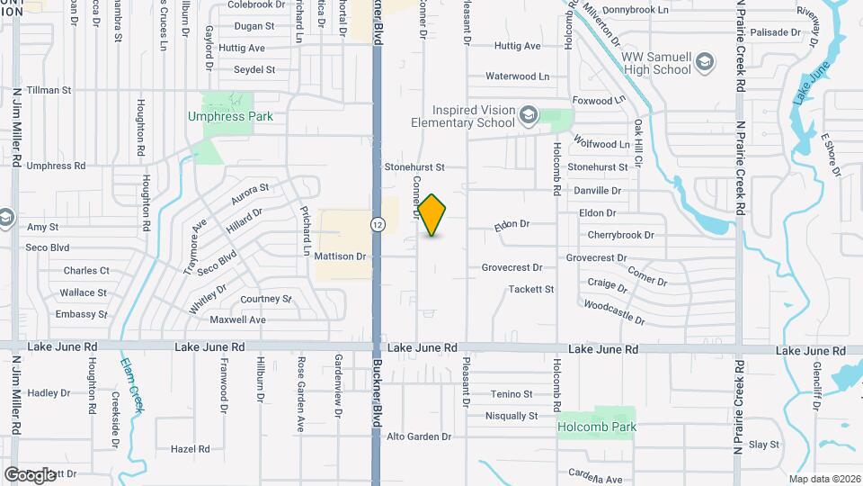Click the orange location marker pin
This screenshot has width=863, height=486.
coord(432,215)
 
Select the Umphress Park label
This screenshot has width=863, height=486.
coord(230,116)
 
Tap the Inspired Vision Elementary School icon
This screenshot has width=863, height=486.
coord(529,115)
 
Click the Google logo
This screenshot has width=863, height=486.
coord(30,474)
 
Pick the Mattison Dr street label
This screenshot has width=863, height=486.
coord(340,256)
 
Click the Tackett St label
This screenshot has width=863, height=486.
coord(531,289)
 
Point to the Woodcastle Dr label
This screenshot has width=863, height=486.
coord(614,312)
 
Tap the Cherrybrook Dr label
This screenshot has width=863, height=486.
coord(621,235)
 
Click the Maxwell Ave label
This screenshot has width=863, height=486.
coord(237,319)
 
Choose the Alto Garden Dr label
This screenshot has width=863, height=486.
coord(418,436)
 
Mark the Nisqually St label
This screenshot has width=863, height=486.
coord(511,416)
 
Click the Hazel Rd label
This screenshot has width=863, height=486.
coord(190,448)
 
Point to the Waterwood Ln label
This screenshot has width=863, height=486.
coord(518,77)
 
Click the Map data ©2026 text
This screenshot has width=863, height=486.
coord(823,479)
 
